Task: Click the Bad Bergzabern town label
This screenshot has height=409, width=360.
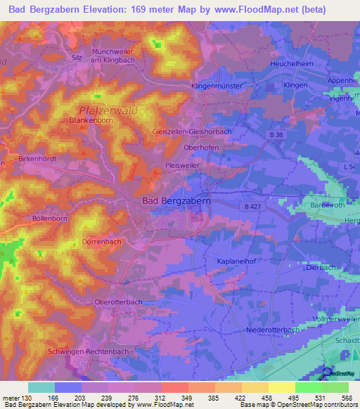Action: pos(176,200)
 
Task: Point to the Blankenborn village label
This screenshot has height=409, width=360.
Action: pos(91,121)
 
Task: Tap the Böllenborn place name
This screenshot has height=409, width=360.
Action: pos(29,219)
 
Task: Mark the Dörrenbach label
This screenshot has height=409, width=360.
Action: pos(102,242)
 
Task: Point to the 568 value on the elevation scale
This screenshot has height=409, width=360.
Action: pos(347,398)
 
